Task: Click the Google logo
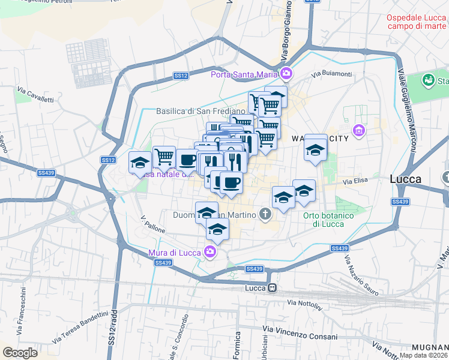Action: click(x=20, y=353)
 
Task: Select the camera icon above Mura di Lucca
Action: click(x=210, y=251)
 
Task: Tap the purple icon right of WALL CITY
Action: click(x=359, y=130)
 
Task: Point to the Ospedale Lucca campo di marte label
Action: click(x=417, y=22)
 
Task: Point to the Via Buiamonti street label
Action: click(x=331, y=74)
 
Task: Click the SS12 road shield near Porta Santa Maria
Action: click(x=181, y=76)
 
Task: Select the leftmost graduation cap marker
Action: click(x=140, y=163)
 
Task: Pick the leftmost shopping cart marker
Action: click(x=164, y=158)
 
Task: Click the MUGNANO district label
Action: click(x=430, y=348)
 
